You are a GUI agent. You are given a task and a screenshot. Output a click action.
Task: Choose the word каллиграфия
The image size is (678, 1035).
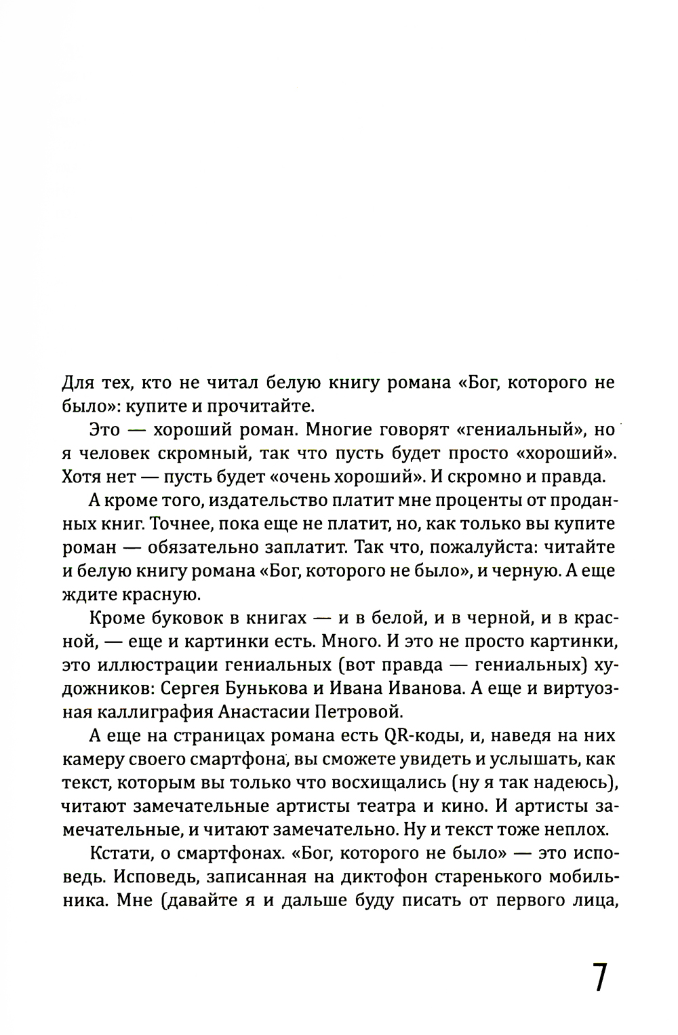coord(160,713)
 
